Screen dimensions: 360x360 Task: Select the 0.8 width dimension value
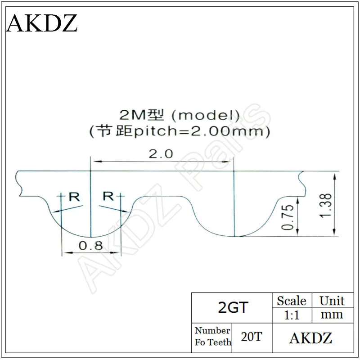(x=90, y=246)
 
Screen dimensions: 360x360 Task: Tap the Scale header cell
(x=291, y=301)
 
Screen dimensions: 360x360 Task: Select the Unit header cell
(x=332, y=301)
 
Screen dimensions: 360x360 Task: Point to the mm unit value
(x=332, y=315)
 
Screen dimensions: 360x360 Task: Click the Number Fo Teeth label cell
(x=212, y=337)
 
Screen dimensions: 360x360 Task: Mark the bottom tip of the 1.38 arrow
(x=334, y=234)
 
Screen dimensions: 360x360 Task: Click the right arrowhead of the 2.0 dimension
(x=232, y=160)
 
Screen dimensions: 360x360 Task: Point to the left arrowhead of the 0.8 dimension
(x=64, y=252)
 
